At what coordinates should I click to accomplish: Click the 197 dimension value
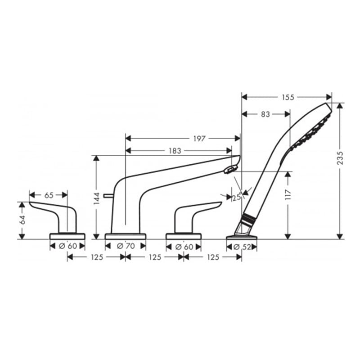[199, 139]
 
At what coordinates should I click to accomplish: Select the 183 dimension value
[175, 151]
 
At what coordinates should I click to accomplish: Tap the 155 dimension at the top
[288, 97]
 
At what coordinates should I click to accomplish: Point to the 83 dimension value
[265, 114]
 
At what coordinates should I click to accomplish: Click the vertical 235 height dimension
[340, 158]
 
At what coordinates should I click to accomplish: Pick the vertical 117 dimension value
[288, 194]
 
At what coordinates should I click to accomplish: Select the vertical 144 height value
[97, 198]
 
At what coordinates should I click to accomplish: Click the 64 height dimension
[22, 220]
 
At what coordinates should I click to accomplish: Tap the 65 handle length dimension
[49, 195]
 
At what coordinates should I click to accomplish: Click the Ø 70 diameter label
[126, 246]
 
